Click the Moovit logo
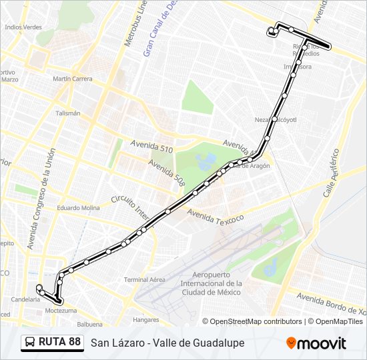(316, 343)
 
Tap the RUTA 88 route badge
(52, 343)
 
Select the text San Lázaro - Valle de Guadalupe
(167, 343)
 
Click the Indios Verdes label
(23, 27)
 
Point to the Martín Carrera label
(72, 79)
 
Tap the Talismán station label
(67, 113)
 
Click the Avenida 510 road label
(151, 147)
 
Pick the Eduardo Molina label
(78, 208)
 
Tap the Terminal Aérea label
(144, 279)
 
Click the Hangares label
(145, 319)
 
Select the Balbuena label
(89, 325)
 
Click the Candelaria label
(25, 299)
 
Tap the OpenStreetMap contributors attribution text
(253, 321)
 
